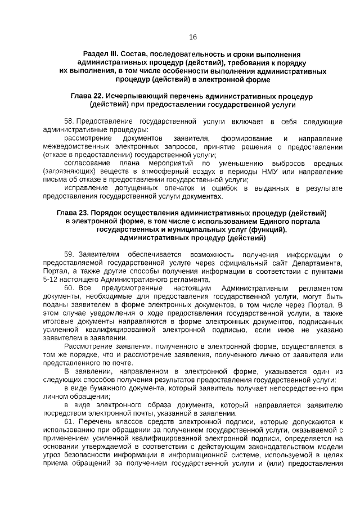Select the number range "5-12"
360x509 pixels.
[52, 279]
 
